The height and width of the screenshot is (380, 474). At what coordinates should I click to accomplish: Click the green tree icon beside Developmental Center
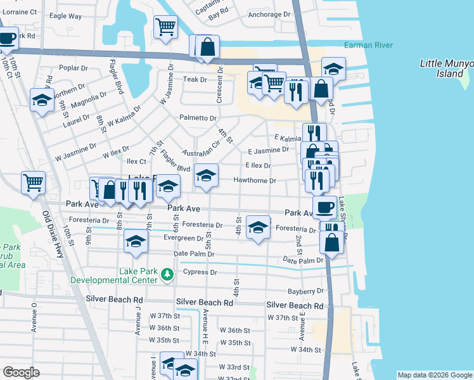pos(167,274)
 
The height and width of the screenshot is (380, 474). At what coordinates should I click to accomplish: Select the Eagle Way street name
pos(65,16)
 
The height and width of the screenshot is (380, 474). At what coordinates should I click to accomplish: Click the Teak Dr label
pos(195,80)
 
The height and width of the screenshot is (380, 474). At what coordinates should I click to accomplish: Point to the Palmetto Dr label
pos(198,118)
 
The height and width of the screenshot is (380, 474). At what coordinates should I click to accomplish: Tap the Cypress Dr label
pos(200,272)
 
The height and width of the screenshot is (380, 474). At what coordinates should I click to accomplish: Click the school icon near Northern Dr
pos(42,100)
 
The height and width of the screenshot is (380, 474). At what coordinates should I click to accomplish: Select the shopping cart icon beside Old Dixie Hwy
pos(33,183)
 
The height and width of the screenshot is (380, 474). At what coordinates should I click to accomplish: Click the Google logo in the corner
pos(21,372)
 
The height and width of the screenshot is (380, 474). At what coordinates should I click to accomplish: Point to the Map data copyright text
pos(434,375)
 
